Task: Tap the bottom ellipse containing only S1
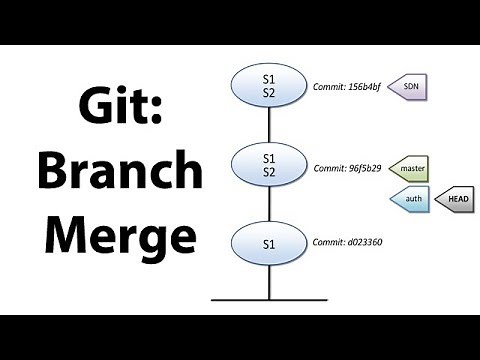point(269,243)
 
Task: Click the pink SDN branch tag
point(409,87)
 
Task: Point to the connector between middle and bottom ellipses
point(269,204)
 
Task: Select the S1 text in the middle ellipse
point(269,158)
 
